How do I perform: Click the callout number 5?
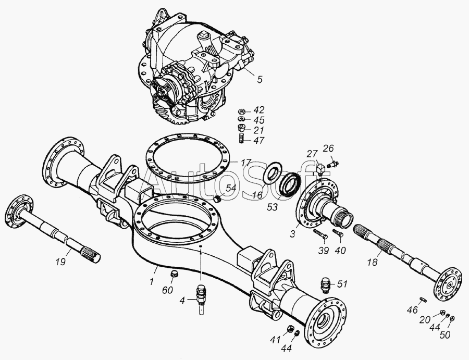tap(260, 79)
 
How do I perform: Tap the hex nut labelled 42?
tap(242, 111)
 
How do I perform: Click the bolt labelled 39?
tap(320, 234)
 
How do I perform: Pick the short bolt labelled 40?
tap(338, 233)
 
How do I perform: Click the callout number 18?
tap(373, 263)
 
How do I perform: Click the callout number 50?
tap(445, 335)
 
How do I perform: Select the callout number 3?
tap(292, 233)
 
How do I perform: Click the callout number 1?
tap(152, 281)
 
